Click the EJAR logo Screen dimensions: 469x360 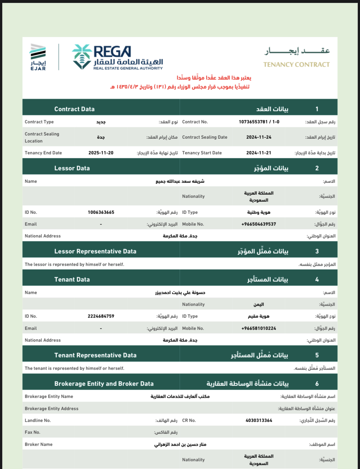pos(38,57)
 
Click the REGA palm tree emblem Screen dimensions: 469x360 pos(82,57)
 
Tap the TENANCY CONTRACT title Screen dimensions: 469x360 pos(296,65)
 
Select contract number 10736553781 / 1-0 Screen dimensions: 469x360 pos(259,122)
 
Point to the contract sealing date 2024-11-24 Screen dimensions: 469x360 pos(259,137)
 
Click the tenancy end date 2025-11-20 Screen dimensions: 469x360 pos(101,153)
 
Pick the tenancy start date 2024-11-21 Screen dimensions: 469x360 pos(259,153)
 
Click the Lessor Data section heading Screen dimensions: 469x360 pos(72,168)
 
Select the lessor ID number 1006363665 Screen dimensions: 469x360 pos(101,212)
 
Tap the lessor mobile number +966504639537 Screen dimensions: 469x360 pos(259,224)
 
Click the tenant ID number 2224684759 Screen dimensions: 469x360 pos(101,316)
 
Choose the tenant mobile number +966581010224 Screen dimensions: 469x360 pos(259,328)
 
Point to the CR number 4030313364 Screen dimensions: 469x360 pos(259,420)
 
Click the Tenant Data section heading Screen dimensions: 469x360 pos(72,279)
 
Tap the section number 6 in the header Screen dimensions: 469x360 pos(317,384)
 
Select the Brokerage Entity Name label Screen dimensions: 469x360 pos(49,396)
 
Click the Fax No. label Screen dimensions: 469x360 pos(33,432)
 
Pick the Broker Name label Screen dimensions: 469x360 pos(39,444)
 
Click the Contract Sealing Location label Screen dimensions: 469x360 pos(42,137)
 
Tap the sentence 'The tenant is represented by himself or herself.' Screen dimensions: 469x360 pos(75,368)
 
